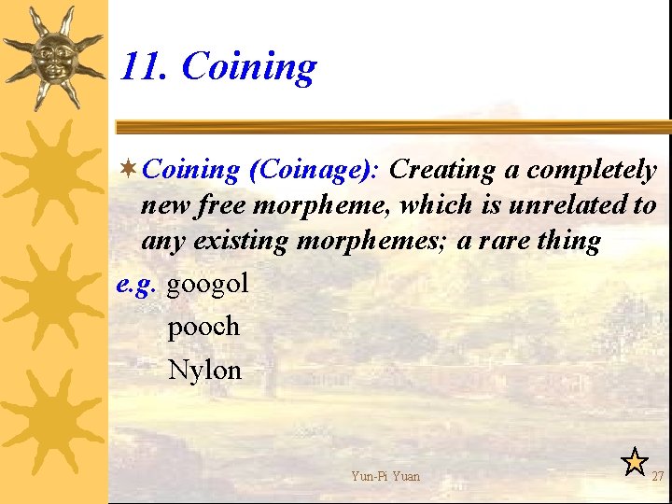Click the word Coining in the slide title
point(248,67)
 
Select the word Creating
point(441,170)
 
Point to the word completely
point(592,170)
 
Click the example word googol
point(207,284)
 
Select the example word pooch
point(203,327)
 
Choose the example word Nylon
point(204,370)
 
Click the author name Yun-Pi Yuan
point(385,476)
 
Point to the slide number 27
point(658,476)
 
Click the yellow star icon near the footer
point(635,460)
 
